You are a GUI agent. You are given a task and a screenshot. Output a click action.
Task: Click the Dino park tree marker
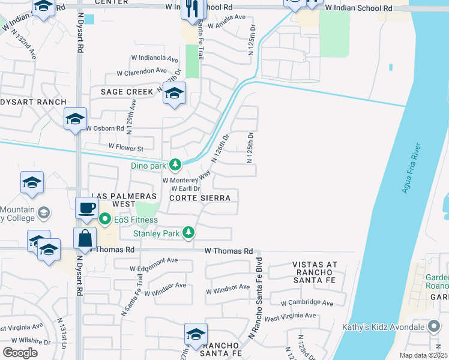coord(175,164)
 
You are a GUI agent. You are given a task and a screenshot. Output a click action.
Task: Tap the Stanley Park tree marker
coord(188,232)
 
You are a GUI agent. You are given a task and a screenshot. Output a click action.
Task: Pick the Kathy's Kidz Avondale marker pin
coord(434,327)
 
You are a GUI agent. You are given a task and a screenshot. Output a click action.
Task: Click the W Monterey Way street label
coord(187,179)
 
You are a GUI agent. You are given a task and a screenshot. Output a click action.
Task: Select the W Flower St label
coord(126,147)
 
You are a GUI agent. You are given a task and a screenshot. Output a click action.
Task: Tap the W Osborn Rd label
coord(105,128)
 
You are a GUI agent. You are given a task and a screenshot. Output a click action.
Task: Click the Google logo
coord(20,353)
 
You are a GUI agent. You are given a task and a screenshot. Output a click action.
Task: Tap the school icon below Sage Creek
coord(175,93)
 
